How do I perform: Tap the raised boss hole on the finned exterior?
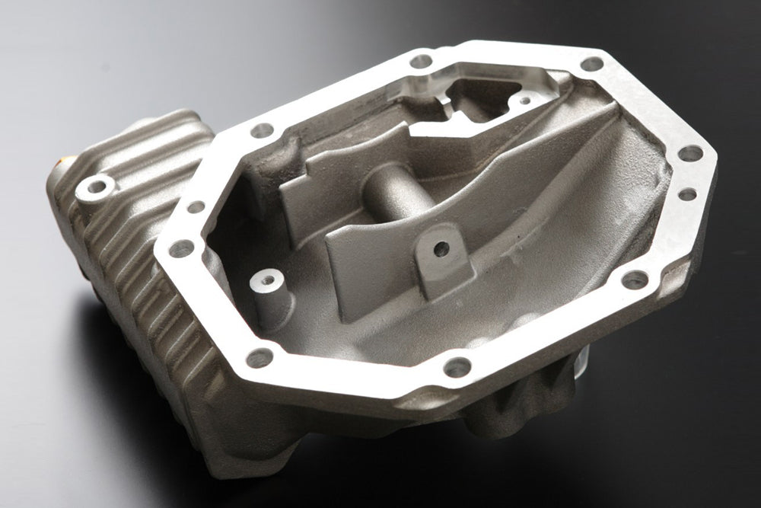[x=97, y=185]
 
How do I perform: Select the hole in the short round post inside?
[x=266, y=279]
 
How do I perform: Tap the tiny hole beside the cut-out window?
[x=525, y=99]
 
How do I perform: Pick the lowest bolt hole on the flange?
[x=457, y=367]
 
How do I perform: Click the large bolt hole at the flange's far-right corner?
[x=690, y=153]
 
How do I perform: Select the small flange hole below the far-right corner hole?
[x=687, y=194]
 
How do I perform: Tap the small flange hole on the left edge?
[x=196, y=206]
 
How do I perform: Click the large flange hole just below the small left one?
[x=181, y=248]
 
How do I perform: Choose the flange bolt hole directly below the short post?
[x=260, y=356]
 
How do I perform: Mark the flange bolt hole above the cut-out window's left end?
[x=421, y=60]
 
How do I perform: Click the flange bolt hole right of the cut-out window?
[x=591, y=64]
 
